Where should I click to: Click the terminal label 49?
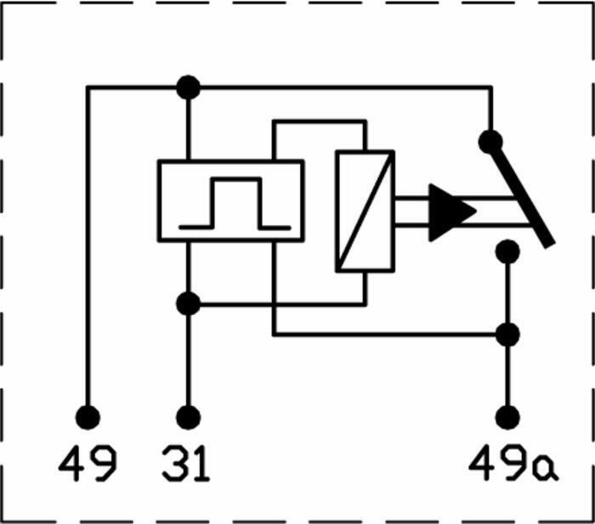[88, 464]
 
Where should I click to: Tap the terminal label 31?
[186, 464]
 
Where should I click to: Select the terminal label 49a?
[513, 464]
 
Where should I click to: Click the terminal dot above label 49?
[88, 418]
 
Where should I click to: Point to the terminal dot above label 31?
[188, 418]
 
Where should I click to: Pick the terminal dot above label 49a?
[507, 418]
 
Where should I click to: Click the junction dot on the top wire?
[188, 87]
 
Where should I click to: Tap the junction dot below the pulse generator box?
[188, 304]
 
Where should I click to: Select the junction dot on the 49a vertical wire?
[507, 335]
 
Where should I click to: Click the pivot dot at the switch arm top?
[490, 142]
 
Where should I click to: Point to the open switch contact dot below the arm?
[507, 251]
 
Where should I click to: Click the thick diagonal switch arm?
[522, 194]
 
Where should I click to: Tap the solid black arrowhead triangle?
[452, 212]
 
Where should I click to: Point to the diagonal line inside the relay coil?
[365, 211]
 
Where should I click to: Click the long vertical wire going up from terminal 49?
[88, 246]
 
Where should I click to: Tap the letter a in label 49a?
[546, 470]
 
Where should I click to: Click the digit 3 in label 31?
[173, 464]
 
